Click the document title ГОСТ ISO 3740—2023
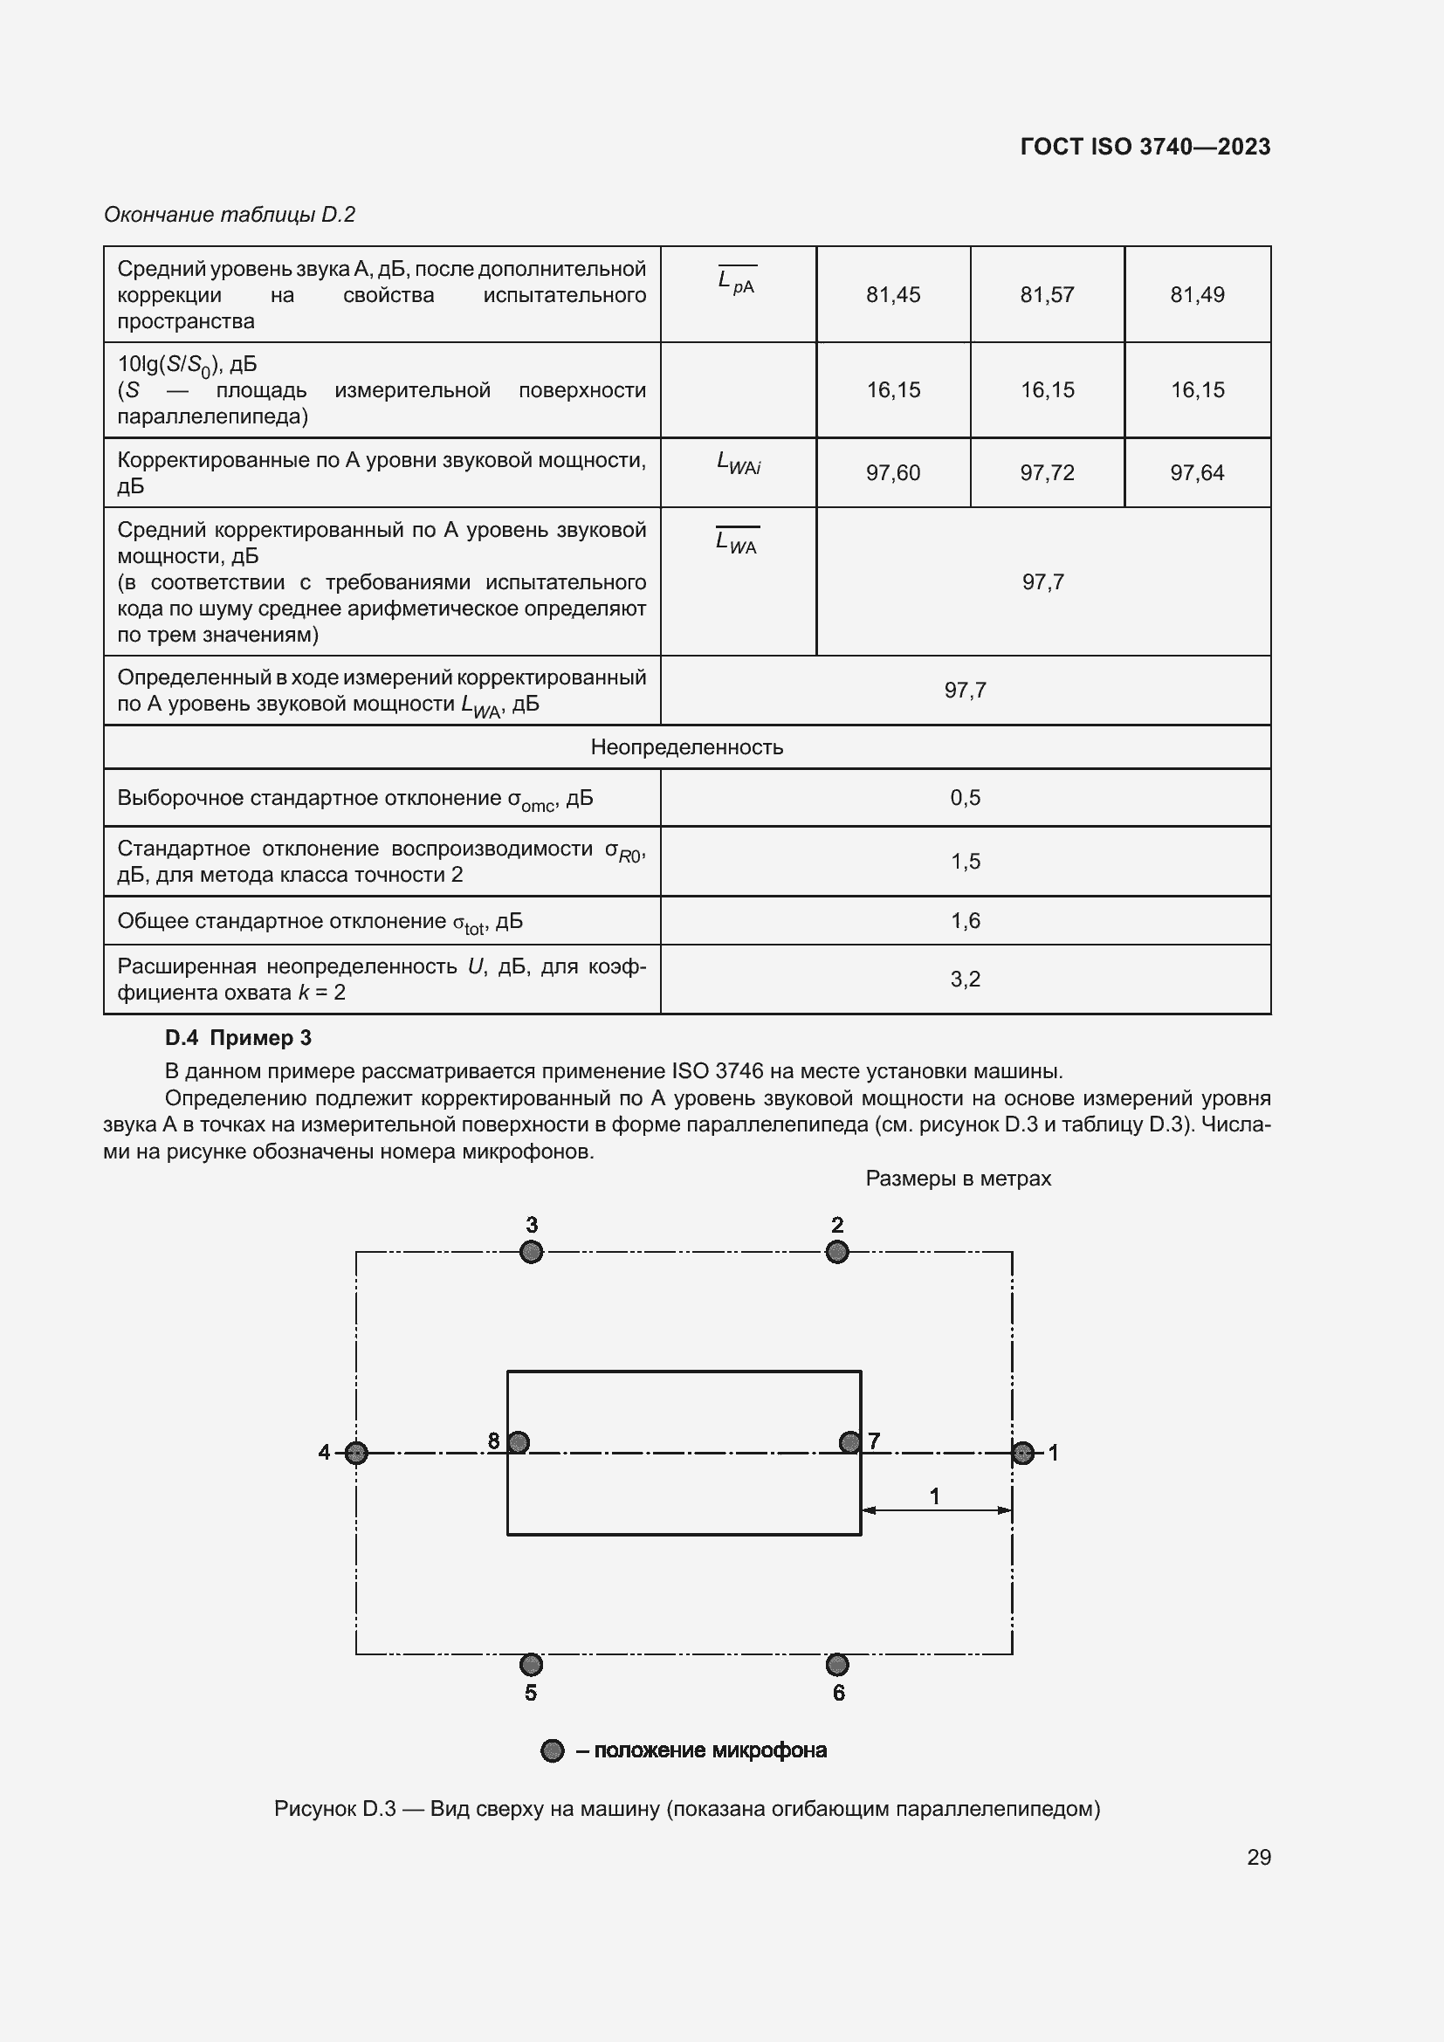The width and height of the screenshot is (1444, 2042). click(1145, 147)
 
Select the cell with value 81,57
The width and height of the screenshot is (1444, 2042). click(1047, 294)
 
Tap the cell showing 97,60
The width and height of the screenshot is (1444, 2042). click(893, 472)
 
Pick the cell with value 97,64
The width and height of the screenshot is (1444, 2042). click(1197, 472)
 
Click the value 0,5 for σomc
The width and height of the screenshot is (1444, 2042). click(965, 798)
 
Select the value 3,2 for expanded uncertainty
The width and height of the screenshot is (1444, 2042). click(965, 980)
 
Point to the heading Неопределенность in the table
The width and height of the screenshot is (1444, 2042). click(686, 747)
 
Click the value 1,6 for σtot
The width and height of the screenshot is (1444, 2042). click(965, 920)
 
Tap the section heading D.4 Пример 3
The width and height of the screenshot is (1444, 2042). click(238, 1038)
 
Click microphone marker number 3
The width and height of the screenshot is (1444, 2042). click(531, 1252)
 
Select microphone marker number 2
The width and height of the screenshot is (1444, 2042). click(836, 1252)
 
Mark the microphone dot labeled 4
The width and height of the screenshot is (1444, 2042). click(355, 1454)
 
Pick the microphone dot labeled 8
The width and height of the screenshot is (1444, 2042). click(519, 1442)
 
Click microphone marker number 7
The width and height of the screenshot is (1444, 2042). click(850, 1442)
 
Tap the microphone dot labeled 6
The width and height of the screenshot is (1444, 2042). click(836, 1664)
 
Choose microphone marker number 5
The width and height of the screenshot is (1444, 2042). click(531, 1664)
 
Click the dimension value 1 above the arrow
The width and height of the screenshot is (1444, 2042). click(934, 1497)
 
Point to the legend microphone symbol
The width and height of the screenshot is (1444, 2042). click(552, 1751)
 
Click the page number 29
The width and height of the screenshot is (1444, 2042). click(1258, 1857)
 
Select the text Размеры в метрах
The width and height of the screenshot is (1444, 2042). click(958, 1179)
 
